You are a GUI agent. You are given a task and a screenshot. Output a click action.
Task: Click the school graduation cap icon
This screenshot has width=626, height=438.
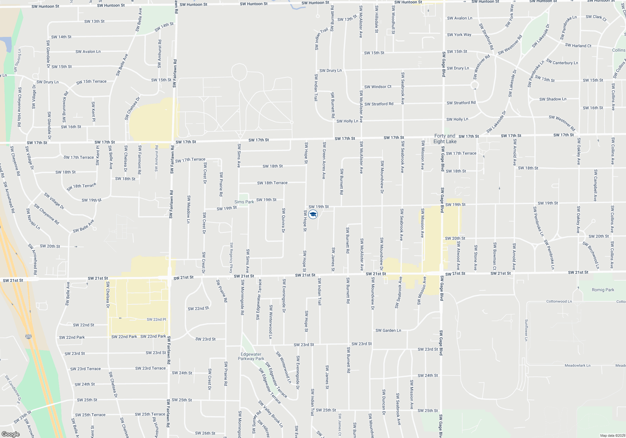[x=313, y=214]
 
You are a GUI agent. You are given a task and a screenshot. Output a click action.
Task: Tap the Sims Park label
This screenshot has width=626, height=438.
[x=244, y=202]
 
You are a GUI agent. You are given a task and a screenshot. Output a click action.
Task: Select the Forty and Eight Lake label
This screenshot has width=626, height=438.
[x=445, y=139]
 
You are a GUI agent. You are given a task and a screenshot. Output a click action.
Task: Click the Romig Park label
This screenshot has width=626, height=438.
[x=603, y=290]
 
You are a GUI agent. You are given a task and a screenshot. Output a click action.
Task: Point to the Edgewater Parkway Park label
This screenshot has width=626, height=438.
[x=251, y=357]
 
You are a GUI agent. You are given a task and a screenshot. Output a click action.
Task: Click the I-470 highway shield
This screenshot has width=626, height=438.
[x=28, y=337]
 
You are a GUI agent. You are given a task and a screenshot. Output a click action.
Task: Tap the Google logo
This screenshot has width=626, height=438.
[x=11, y=434]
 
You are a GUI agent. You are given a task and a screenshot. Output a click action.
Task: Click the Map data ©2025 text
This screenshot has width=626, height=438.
[x=612, y=435]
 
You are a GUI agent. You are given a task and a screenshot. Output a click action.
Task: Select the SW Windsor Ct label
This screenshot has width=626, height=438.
[x=378, y=87]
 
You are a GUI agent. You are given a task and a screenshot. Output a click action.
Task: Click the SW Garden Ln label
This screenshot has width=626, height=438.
[x=388, y=330]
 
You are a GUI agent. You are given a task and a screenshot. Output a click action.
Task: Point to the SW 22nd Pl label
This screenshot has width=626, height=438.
[x=156, y=319]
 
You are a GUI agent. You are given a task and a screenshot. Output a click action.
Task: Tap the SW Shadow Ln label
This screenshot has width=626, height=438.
[x=553, y=99]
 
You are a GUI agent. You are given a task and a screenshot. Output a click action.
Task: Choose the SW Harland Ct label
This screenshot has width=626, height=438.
[x=578, y=45]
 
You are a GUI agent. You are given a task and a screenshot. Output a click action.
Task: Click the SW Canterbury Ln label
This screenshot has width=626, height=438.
[x=562, y=62]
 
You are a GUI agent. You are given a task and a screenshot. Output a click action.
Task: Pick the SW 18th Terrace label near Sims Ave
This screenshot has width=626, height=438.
[x=272, y=183]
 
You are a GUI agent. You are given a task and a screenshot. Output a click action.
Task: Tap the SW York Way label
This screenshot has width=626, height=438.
[x=459, y=35]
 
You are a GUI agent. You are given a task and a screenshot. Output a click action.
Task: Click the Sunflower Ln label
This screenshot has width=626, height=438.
[x=526, y=330]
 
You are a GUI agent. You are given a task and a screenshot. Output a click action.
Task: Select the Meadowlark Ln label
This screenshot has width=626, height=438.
[x=577, y=365]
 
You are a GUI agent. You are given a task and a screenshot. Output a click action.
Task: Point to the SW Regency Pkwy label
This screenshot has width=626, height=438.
[x=231, y=257]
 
